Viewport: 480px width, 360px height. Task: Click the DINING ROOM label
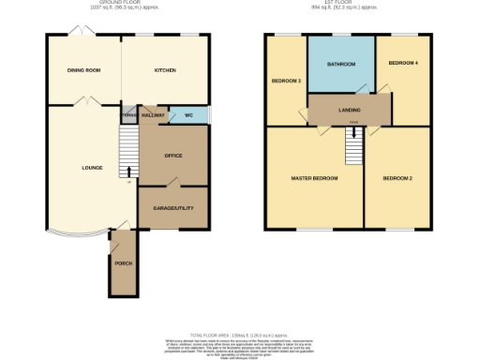(84, 70)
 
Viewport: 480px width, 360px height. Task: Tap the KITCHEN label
(165, 70)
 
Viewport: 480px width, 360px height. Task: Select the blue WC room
(188, 115)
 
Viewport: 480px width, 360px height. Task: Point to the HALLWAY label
(154, 115)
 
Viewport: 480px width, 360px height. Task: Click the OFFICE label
(172, 155)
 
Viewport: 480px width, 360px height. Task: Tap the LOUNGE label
(79, 169)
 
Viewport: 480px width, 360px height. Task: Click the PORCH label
(123, 263)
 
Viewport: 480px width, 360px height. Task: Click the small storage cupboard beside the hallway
(128, 115)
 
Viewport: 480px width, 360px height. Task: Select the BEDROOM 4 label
(404, 63)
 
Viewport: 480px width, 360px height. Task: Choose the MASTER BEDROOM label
(313, 178)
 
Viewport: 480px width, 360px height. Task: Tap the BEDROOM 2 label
(397, 178)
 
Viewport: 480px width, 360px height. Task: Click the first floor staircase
(353, 143)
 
